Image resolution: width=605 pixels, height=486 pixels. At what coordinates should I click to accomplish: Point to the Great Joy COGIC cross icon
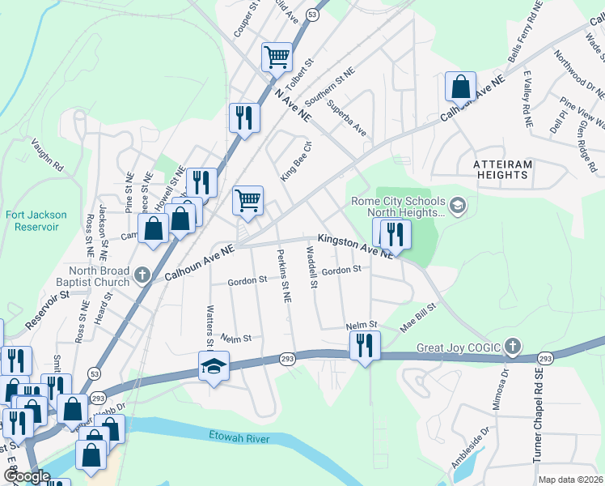[511, 347]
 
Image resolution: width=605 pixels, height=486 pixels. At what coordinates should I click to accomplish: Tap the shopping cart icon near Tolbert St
[277, 58]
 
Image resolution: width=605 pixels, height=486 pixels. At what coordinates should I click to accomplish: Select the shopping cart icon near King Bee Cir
[247, 198]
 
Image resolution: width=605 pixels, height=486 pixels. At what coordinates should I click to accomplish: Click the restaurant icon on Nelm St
[364, 345]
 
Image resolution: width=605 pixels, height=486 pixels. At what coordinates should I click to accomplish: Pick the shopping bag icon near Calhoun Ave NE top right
[459, 87]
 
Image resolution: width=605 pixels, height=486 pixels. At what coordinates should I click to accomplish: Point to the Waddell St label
[311, 268]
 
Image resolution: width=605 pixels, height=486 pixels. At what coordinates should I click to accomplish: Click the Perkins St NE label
[284, 275]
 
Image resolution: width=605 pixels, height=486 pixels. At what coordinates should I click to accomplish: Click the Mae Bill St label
[418, 318]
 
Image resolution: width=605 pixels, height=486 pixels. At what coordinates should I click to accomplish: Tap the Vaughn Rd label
[47, 153]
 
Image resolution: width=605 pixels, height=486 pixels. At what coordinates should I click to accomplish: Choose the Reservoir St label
[47, 310]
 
